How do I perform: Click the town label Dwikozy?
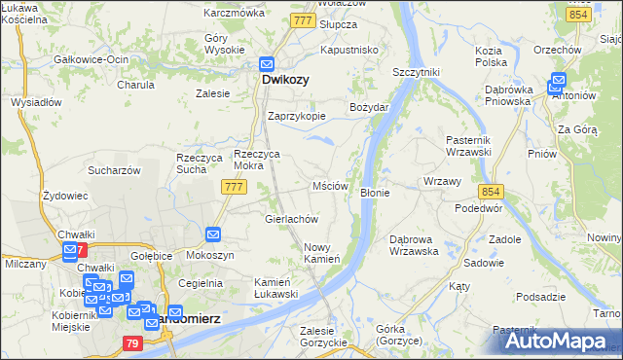pos(285,81)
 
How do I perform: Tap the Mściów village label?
pos(330,185)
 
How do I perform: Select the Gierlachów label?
pos(292,219)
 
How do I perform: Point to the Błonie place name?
pos(375,193)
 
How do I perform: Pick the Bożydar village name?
pos(370,106)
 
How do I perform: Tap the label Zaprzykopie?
pos(297,115)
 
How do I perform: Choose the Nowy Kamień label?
pos(321,253)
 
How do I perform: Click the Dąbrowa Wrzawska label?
pos(414,244)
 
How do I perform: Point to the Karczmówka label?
pos(235,14)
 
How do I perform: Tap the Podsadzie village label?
pos(542,297)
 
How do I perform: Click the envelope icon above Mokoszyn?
pos(214,234)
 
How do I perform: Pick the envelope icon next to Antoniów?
pos(559,81)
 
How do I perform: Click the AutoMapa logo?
pos(560,340)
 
